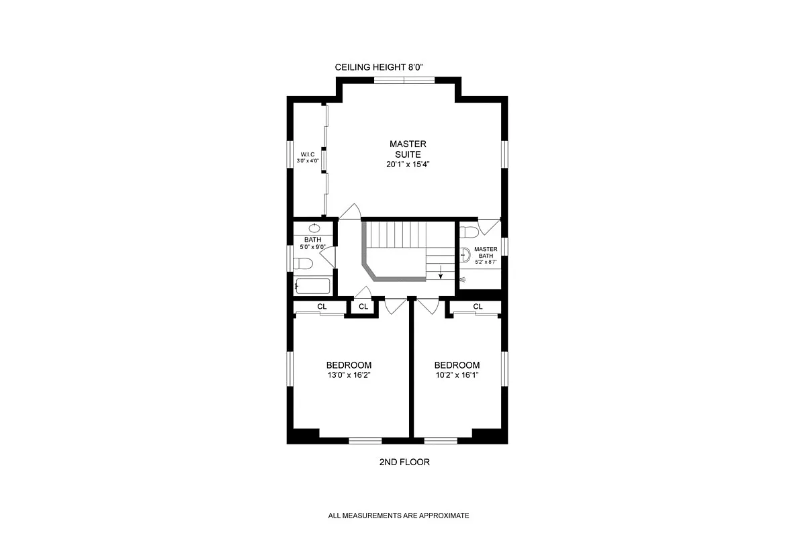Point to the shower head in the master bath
pyautogui.click(x=463, y=277)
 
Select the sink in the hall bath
pyautogui.click(x=314, y=228)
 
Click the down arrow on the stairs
pyautogui.click(x=441, y=273)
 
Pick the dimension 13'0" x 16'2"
pyautogui.click(x=348, y=375)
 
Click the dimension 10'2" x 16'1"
pyautogui.click(x=457, y=375)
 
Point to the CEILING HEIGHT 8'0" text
pyautogui.click(x=379, y=67)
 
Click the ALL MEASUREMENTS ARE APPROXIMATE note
pyautogui.click(x=398, y=516)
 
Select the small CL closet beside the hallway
pyautogui.click(x=363, y=307)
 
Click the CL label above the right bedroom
pyautogui.click(x=478, y=307)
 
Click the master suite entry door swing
pyautogui.click(x=349, y=212)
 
